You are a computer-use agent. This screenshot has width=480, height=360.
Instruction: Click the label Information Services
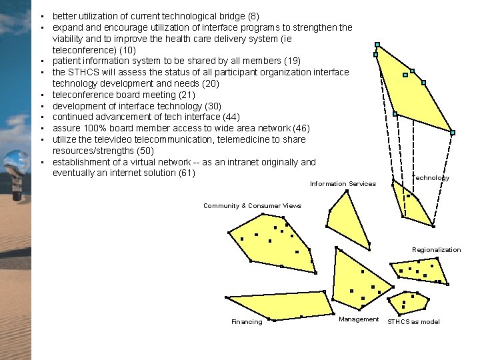pyautogui.click(x=343, y=184)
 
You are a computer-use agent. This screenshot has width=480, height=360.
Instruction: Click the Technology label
pyautogui.click(x=431, y=178)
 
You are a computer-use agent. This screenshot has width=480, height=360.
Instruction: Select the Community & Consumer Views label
pyautogui.click(x=252, y=206)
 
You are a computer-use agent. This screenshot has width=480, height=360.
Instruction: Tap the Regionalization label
pyautogui.click(x=436, y=250)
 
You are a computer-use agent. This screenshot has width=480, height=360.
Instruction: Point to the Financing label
pyautogui.click(x=247, y=322)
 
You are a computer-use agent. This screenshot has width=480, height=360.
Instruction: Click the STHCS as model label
pyautogui.click(x=413, y=322)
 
